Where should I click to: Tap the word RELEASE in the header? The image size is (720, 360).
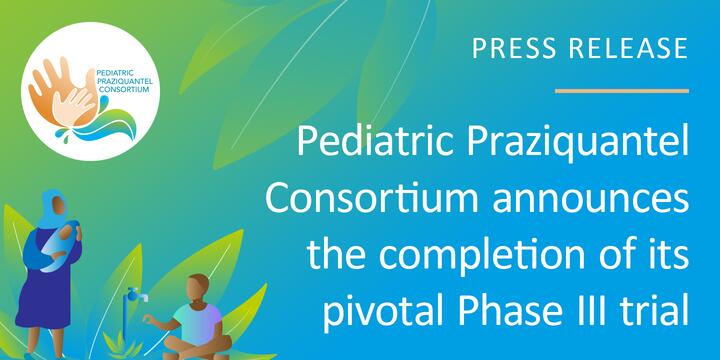[x=629, y=48]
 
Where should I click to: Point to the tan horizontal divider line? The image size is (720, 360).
[x=622, y=91]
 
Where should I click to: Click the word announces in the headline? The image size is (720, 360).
[x=591, y=200]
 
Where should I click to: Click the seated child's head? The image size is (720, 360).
[x=198, y=289]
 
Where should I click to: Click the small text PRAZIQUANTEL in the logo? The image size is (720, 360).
[x=125, y=81]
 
